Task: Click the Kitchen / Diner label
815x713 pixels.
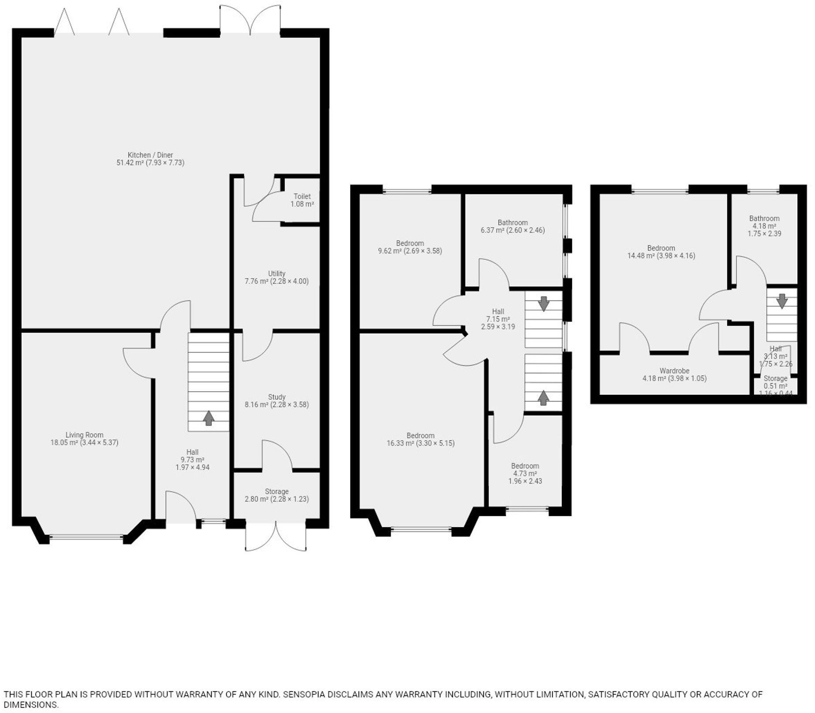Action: [150, 155]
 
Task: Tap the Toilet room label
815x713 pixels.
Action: [302, 196]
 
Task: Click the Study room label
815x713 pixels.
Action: [277, 397]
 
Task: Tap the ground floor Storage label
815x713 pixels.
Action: [277, 492]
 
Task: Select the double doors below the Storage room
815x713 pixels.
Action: [276, 537]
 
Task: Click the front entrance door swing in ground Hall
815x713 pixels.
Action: [180, 507]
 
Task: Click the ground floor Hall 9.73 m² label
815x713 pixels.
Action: [192, 459]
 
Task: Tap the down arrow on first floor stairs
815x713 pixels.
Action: [543, 304]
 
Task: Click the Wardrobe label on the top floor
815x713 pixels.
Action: [674, 371]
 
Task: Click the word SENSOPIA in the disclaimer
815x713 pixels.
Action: [304, 694]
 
